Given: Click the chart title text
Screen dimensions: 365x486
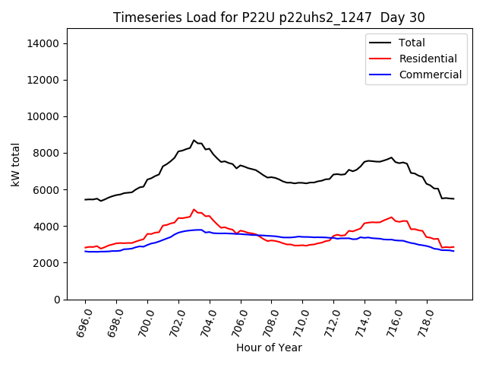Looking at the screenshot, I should [x=269, y=17].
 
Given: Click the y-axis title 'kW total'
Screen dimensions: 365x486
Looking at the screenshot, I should [x=16, y=164].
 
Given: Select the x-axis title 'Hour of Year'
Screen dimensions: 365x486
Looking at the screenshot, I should [x=269, y=348].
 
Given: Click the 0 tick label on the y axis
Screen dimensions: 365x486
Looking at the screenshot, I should [x=56, y=300].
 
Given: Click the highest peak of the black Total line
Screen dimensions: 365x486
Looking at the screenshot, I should [x=194, y=140].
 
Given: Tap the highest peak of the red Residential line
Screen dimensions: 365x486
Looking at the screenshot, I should [x=194, y=209].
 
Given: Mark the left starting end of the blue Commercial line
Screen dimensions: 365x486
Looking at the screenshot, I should [x=85, y=251].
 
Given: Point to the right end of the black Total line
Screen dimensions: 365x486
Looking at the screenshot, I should [x=453, y=198].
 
